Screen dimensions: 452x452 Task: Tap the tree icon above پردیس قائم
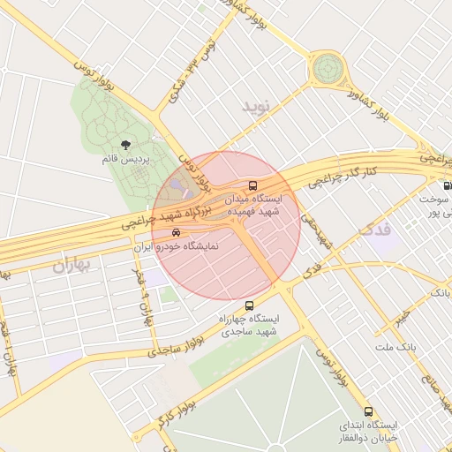[124, 145]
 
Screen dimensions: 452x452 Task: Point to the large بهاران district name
[72, 264]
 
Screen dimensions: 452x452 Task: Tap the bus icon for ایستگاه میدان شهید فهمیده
[254, 186]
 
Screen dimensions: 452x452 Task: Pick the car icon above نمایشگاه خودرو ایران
[176, 233]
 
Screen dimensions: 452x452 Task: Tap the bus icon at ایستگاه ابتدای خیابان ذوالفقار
[368, 411]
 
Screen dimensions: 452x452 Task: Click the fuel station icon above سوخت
[446, 186]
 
